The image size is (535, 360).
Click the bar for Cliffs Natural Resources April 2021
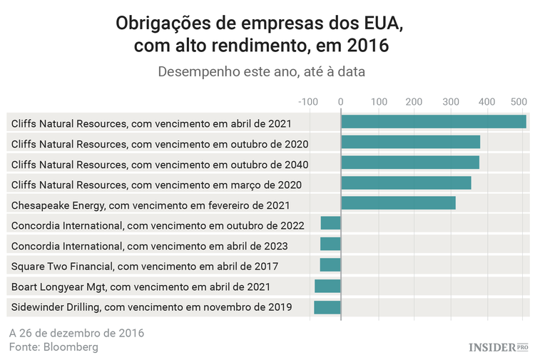tap(433, 122)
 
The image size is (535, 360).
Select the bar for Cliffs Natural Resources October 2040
tap(410, 163)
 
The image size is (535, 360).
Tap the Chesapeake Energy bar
tap(398, 204)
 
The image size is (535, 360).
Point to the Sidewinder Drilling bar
tap(327, 307)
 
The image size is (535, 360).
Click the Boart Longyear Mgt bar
tap(328, 287)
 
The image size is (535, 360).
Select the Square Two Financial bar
tap(330, 265)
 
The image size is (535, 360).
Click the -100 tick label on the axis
tap(308, 102)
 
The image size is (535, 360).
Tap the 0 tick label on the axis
tap(341, 102)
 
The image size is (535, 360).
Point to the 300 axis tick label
tap(451, 102)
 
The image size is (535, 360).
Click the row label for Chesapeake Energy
tap(151, 205)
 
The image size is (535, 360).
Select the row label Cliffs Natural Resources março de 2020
tap(156, 185)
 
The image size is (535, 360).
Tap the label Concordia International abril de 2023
tap(150, 246)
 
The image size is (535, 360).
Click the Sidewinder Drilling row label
tap(152, 308)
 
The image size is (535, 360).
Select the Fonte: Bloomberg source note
tap(53, 347)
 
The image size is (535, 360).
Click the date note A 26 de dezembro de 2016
tap(77, 333)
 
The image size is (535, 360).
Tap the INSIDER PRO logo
tap(498, 347)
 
